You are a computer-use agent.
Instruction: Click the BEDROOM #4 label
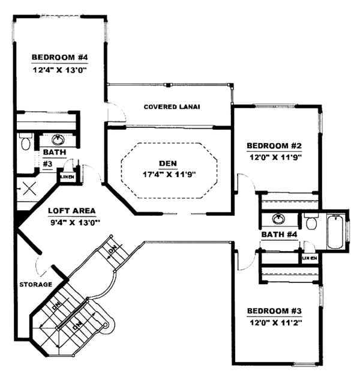coord(60,58)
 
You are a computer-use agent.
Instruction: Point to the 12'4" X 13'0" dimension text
coord(60,69)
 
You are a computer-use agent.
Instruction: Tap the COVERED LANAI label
coord(172,107)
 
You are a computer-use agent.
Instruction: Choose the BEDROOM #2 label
coord(274,146)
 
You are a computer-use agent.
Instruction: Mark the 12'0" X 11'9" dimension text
coord(274,157)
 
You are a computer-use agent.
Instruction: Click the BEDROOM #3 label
coord(274,311)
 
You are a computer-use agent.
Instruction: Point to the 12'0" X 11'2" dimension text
coord(274,323)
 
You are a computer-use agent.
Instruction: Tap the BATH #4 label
coord(280,234)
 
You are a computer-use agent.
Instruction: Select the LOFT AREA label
coord(70,211)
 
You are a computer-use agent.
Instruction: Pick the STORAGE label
coord(35,284)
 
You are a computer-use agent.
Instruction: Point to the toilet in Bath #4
coord(310,222)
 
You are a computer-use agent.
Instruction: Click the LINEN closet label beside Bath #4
coord(309,258)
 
